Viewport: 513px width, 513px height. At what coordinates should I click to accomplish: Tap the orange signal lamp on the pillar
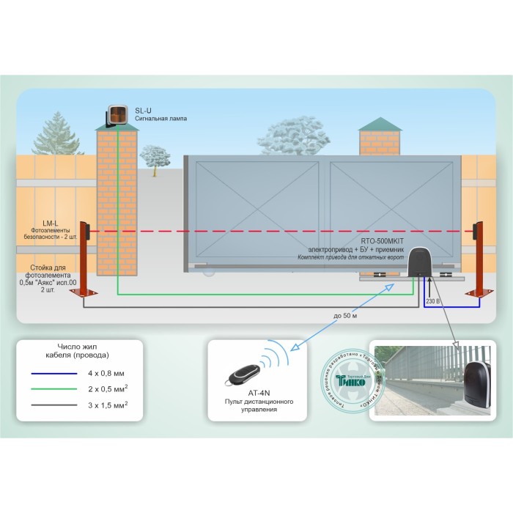coord(118,114)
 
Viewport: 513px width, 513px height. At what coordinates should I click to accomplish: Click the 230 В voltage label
coord(433,300)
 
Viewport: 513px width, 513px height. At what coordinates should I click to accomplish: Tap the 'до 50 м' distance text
coord(344,316)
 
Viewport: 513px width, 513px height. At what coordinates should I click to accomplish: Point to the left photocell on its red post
coord(84,232)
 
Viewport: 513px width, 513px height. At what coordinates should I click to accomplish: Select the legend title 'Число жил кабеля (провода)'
coord(83,350)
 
